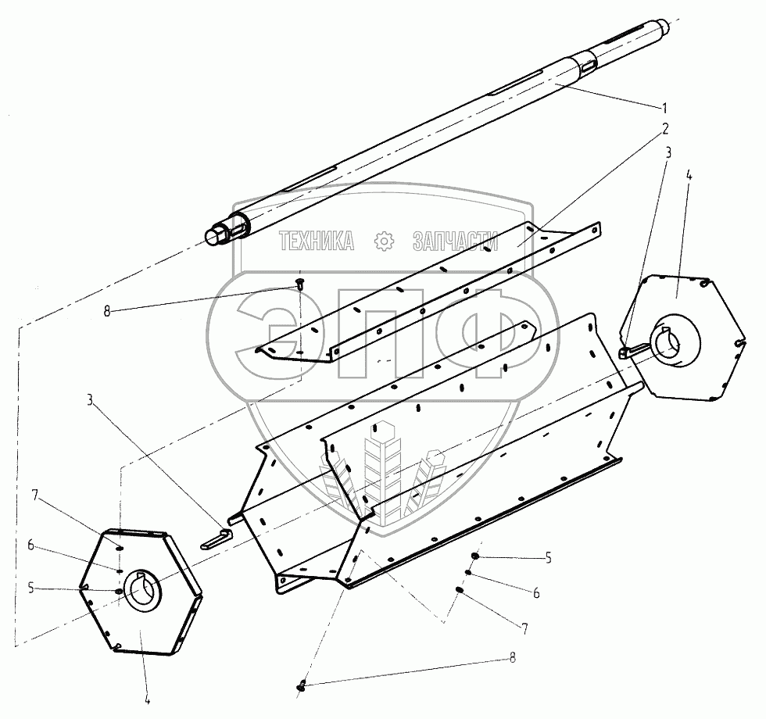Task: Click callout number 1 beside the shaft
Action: (665, 106)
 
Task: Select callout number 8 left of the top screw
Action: (107, 311)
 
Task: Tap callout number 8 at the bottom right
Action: (512, 658)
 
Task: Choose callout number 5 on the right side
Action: (548, 558)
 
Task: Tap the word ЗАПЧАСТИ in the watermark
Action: (455, 242)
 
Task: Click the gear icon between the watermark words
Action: (384, 242)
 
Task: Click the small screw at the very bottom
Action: (302, 686)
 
